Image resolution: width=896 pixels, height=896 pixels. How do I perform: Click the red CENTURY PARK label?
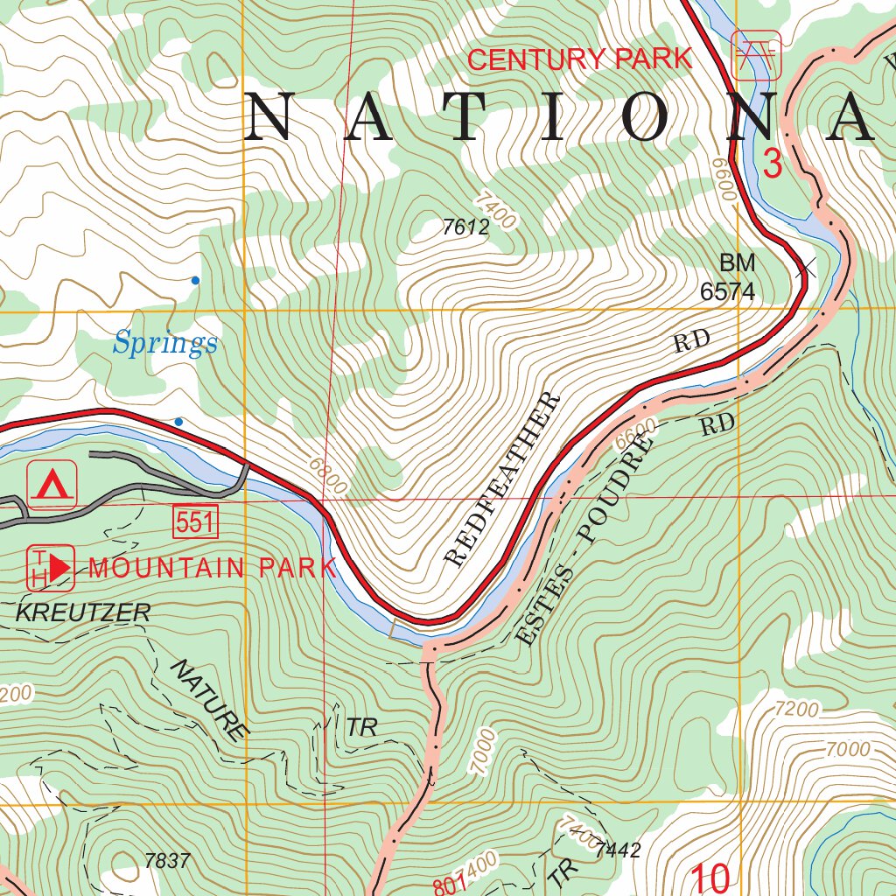579,59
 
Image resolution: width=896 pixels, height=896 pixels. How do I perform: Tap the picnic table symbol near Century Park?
755,55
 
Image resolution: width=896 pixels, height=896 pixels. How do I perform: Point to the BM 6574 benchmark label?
727,277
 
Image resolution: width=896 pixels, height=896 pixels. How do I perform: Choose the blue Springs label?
164,343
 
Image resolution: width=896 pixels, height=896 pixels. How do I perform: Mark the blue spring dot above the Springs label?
195,280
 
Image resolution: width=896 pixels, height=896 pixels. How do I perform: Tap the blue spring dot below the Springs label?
178,422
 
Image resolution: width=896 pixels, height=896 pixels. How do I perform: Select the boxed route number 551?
194,522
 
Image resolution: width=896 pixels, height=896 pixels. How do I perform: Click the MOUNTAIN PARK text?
212,568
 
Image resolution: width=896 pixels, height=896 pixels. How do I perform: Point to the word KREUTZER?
83,612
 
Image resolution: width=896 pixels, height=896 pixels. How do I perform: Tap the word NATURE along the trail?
206,701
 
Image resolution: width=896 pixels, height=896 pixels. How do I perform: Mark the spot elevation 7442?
617,850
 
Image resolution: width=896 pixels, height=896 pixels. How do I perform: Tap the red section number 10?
710,878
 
